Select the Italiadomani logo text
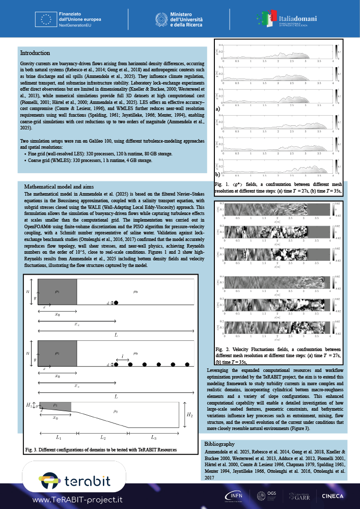pyautogui.click(x=297, y=18)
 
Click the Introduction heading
pyautogui.click(x=35, y=53)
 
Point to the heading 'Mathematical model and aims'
pyautogui.click(x=59, y=186)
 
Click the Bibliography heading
pyautogui.click(x=219, y=444)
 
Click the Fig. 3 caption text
pyautogui.click(x=101, y=450)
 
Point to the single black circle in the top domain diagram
pyautogui.click(x=117, y=303)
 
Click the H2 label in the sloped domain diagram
pyautogui.click(x=189, y=415)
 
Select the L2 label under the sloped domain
pyautogui.click(x=102, y=438)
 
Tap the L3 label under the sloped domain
pyautogui.click(x=153, y=438)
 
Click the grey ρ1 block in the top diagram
pyautogui.click(x=58, y=291)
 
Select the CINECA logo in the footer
pyautogui.click(x=333, y=496)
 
